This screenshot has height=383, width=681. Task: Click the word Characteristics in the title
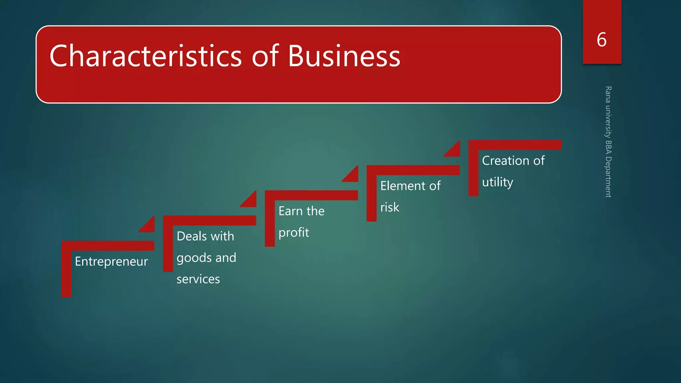coord(146,56)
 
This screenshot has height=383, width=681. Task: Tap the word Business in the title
coord(344,56)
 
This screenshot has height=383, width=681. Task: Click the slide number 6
coord(602,40)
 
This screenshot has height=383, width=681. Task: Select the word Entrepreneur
coord(111,262)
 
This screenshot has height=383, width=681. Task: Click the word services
coord(198,279)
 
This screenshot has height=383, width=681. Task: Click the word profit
coord(294,233)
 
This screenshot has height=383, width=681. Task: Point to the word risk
coord(390,207)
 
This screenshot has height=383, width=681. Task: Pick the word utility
coord(497,182)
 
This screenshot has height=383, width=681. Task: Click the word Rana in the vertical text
coord(608,94)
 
